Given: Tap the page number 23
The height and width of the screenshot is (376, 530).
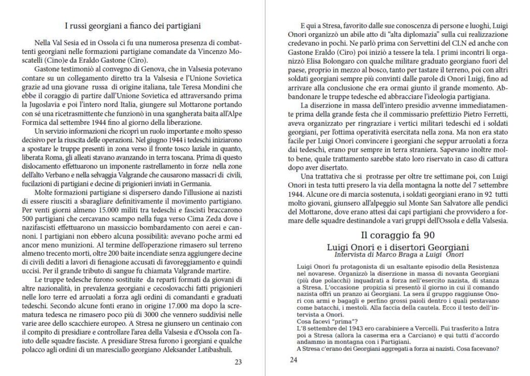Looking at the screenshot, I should tap(238, 362).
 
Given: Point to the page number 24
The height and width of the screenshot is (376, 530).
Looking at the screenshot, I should tap(294, 360).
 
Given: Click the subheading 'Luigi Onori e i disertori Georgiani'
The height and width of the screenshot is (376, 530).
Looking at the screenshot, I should tap(398, 247).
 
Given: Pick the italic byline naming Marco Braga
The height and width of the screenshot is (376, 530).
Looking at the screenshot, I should tap(398, 255).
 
